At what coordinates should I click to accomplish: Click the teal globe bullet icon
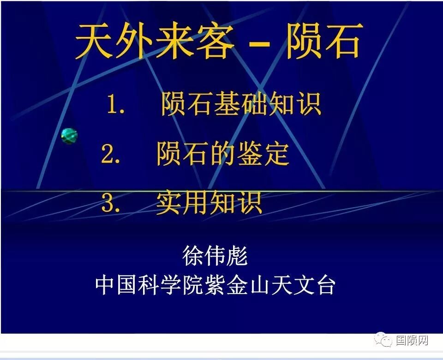[69, 136]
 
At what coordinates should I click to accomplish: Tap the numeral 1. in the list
[116, 105]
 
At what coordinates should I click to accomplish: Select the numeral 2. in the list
[111, 155]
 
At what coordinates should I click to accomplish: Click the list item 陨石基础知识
[240, 104]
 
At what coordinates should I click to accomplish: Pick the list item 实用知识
[209, 203]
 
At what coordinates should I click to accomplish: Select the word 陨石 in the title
[323, 41]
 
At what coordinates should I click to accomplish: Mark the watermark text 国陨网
[412, 341]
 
